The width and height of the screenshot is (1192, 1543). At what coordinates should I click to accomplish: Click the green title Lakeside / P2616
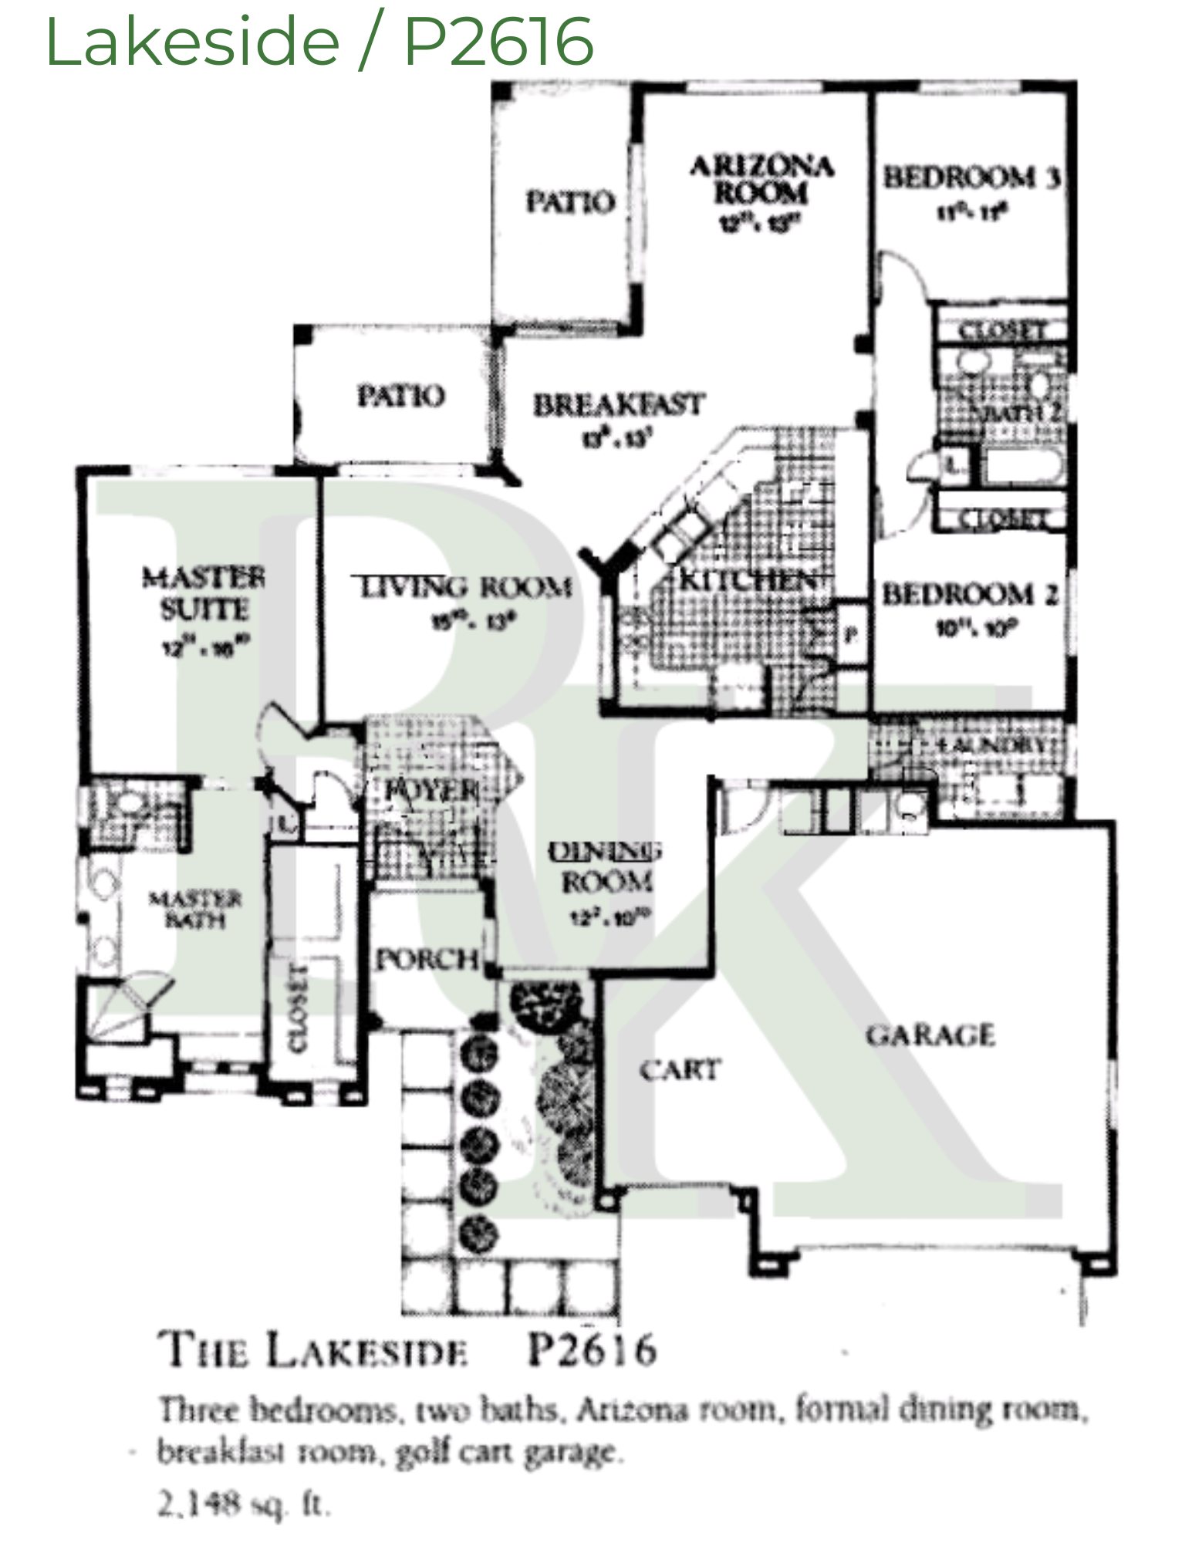pos(319,42)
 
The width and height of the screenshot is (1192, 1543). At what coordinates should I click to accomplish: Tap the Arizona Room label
pos(761,180)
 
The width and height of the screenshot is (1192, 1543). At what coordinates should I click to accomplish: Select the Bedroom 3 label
pos(971,178)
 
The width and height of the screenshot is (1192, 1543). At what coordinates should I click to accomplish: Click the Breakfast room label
pos(619,406)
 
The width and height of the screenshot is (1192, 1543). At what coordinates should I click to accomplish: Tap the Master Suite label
pos(204,594)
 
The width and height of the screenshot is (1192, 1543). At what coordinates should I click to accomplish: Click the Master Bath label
pos(195,909)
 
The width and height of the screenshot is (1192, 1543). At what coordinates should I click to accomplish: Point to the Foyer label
pos(431,790)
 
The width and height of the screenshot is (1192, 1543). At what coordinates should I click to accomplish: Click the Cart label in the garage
pos(679,1070)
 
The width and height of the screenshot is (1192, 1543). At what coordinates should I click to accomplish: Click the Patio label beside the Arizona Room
pos(570,202)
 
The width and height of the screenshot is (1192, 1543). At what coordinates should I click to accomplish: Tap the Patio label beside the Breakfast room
pos(400,396)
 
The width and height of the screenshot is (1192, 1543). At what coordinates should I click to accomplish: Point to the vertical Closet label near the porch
pos(298,1008)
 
